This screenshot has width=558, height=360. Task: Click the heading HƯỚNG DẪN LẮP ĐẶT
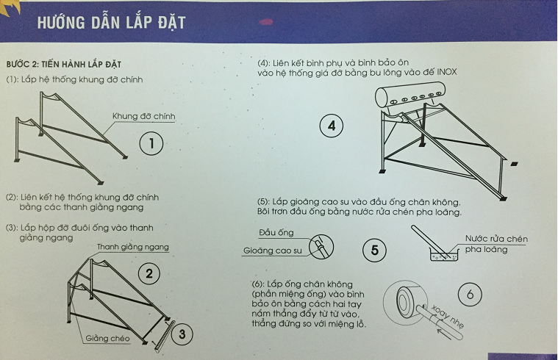111,22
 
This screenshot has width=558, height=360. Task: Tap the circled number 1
151,143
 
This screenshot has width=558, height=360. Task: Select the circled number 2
149,274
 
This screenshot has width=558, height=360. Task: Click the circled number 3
182,336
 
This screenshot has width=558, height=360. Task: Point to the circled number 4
332,126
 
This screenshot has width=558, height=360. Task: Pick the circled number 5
375,251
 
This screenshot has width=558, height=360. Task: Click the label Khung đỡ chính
143,117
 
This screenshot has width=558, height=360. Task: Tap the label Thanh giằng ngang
132,247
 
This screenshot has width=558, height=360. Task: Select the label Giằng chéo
106,339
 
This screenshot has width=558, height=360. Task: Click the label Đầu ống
276,233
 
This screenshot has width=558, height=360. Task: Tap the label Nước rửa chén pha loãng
496,244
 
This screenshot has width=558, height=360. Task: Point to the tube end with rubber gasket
320,246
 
